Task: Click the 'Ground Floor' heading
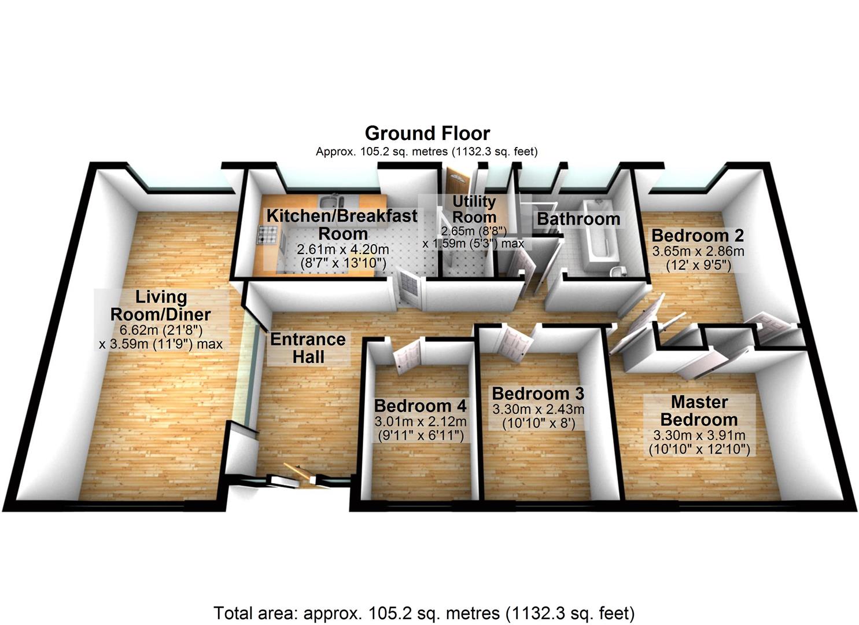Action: click(x=427, y=134)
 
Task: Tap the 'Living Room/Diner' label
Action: click(x=161, y=306)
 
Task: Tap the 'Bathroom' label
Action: click(x=578, y=219)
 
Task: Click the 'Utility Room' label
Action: click(x=474, y=209)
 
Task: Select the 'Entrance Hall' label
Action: click(x=308, y=347)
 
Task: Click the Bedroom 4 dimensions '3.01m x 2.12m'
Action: click(x=420, y=422)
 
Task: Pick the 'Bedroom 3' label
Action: click(x=538, y=394)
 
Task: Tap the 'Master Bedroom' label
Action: click(x=699, y=410)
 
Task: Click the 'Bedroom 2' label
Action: click(x=697, y=236)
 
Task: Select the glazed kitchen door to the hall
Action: click(x=412, y=286)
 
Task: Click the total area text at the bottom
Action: click(x=424, y=612)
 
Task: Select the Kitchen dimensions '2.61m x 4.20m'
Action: click(x=342, y=250)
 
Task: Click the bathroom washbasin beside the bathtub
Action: click(x=617, y=271)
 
